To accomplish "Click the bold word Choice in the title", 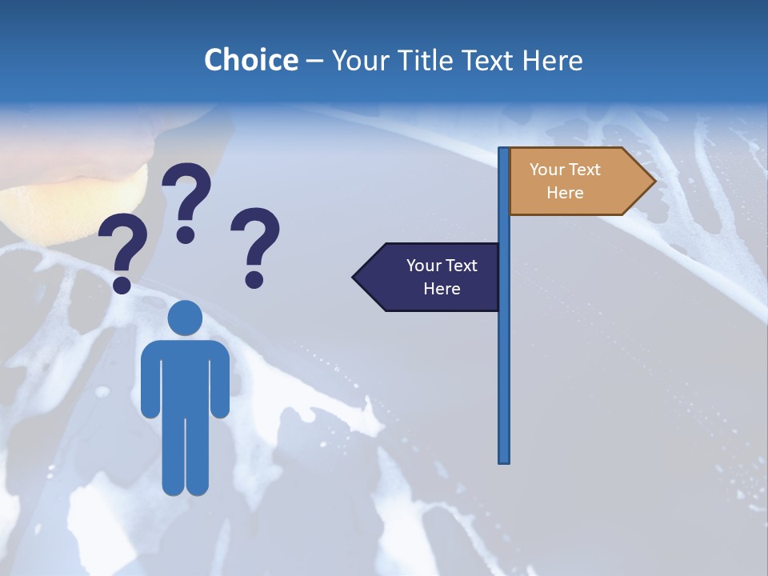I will tap(250, 60).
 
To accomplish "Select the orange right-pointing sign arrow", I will tap(576, 182).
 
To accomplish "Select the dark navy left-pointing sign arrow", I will tap(432, 277).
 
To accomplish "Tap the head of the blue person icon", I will tap(186, 317).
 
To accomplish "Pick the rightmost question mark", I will tap(256, 240).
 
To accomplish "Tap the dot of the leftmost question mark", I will tap(122, 285).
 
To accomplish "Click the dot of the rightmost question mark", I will tap(254, 279).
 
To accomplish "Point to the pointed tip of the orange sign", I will tap(653, 182).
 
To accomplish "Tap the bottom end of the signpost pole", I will tap(504, 459).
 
